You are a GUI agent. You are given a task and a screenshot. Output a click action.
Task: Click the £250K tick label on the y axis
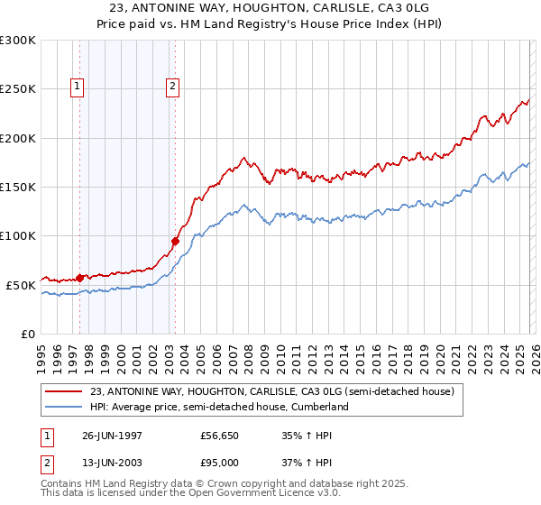point(18,89)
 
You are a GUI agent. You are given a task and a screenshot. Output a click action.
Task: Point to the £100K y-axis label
point(18,236)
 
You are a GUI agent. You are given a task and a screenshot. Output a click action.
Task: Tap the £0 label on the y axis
point(27,334)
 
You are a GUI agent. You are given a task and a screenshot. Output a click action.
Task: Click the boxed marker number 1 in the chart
point(77,87)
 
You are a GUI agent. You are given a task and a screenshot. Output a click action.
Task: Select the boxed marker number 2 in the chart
point(172,87)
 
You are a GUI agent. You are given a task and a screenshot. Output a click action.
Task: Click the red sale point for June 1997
point(80,278)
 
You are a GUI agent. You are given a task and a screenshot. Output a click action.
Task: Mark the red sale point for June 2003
point(175,241)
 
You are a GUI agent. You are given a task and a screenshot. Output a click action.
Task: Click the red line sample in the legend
point(64,391)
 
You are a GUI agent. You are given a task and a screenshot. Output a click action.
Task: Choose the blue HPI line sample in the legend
point(64,407)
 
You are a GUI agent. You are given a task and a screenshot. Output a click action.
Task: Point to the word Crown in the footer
point(237,485)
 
